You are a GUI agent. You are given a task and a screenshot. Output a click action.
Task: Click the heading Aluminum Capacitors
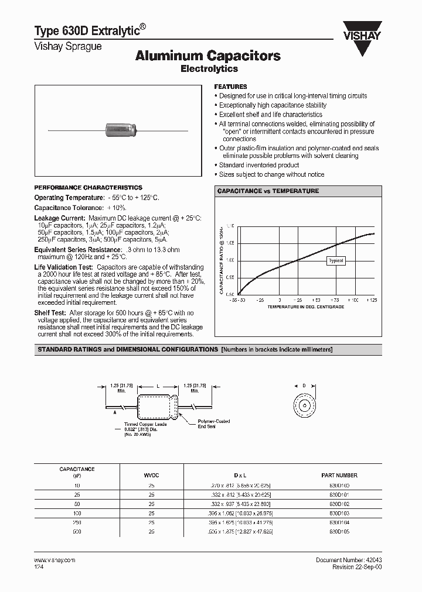[x=208, y=56]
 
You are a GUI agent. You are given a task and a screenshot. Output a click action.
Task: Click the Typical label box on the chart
[x=336, y=261]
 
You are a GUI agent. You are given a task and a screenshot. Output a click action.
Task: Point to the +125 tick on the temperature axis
[x=372, y=300]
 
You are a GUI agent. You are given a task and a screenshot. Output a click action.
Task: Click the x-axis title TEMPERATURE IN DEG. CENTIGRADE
[x=306, y=307]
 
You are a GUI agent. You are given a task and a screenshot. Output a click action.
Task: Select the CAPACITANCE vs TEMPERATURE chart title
[x=268, y=191]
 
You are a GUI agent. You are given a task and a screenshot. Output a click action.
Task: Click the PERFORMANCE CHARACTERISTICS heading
[x=88, y=188]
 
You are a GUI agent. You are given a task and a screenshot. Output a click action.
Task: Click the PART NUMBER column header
[x=339, y=475]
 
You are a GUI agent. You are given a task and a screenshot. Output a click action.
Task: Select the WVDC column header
[x=151, y=475]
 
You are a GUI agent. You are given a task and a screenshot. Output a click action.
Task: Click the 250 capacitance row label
[x=77, y=522]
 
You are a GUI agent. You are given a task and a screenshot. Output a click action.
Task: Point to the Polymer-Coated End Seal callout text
[x=214, y=424]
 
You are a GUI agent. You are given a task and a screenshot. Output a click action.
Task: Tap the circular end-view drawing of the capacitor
[x=304, y=405]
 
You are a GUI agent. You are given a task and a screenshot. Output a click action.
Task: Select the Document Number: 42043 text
[x=349, y=560]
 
